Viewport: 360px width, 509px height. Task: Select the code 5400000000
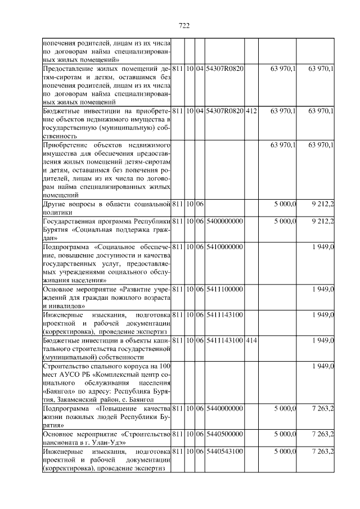coord(224,221)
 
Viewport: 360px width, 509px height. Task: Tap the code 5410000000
coord(224,246)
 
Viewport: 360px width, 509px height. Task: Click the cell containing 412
coord(251,111)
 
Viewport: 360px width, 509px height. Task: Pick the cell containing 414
coord(251,340)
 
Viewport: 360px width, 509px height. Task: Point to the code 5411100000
coord(224,289)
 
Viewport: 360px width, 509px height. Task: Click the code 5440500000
coord(224,435)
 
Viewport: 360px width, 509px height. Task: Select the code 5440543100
coord(224,452)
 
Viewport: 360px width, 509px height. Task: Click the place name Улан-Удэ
coord(110,443)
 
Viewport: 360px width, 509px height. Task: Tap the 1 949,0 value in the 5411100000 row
coord(323,289)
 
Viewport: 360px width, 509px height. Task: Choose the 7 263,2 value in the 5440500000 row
coord(322,435)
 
